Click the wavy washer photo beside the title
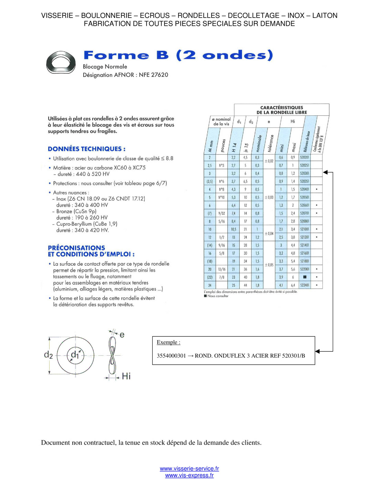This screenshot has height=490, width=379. coord(61,63)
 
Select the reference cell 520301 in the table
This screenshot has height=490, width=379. coord(305,173)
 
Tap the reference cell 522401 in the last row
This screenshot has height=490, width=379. coord(305,285)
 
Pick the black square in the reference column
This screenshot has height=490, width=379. coord(305,277)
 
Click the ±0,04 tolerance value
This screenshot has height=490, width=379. coord(269,234)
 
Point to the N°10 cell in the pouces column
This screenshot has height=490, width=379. coord(222,197)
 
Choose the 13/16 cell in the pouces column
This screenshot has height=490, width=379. coord(222,269)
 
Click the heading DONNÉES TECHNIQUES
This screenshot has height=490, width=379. coord(86,149)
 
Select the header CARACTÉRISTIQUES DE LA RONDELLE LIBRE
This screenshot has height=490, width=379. coord(281,110)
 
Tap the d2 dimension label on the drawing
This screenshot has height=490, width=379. coord(49,355)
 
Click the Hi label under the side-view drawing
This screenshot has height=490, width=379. coord(126,376)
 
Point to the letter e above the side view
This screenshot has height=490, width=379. coord(122,335)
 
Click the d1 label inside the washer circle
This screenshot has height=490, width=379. coord(75,355)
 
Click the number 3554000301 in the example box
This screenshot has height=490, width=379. coord(171,356)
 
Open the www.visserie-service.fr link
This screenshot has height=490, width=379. coord(189,469)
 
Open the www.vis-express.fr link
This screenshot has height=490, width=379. coord(189,476)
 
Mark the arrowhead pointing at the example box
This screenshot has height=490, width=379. coord(318,351)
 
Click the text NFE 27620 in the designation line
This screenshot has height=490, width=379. coord(153,75)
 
